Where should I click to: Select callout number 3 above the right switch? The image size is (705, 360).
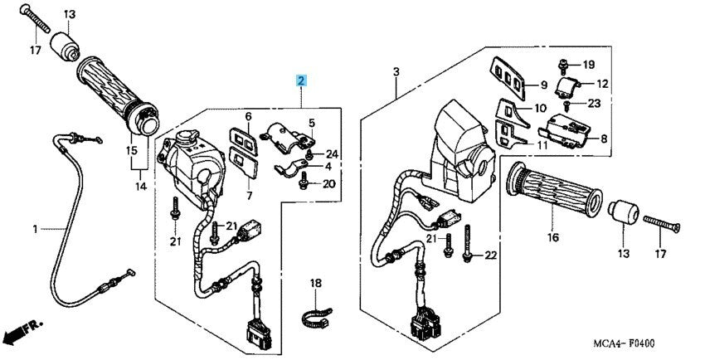point(396,73)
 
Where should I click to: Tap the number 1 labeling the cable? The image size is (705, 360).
point(35,227)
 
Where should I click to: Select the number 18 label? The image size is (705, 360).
point(315,284)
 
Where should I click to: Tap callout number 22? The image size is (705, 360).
point(490,255)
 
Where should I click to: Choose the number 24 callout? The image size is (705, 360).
point(333,153)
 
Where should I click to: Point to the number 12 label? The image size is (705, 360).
point(601,84)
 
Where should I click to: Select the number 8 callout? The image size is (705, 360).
point(603,139)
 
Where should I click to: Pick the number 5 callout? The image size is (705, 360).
point(313,124)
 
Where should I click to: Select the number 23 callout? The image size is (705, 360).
point(593,105)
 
